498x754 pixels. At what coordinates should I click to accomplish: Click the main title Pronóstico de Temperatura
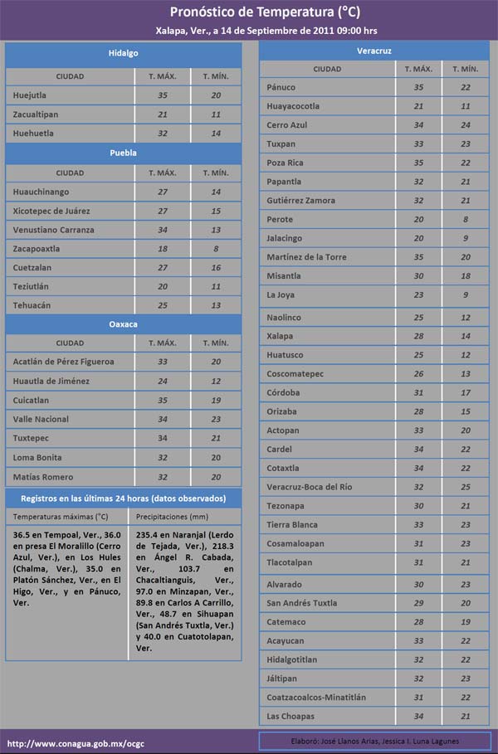tap(253, 12)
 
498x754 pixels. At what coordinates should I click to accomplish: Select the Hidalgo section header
tap(123, 53)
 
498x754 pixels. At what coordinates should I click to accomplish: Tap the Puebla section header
tap(123, 153)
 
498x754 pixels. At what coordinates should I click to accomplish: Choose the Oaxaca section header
tap(123, 323)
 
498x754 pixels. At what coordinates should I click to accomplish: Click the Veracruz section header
tap(373, 51)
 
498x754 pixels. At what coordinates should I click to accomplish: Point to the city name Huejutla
tap(30, 95)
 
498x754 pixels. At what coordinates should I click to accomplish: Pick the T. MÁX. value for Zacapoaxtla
tap(163, 249)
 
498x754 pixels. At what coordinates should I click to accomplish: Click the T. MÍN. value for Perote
tap(465, 220)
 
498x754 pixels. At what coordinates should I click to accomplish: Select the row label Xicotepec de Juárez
tap(51, 211)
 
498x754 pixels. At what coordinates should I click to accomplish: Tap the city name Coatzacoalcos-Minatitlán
tap(316, 698)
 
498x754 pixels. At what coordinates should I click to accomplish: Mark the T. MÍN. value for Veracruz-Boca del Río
tap(465, 487)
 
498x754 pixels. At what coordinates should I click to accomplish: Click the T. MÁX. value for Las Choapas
tap(419, 717)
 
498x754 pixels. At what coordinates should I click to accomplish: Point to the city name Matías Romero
tap(42, 477)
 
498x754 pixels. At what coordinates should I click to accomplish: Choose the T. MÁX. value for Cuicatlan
tap(163, 400)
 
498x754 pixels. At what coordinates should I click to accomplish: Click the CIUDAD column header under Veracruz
tap(327, 69)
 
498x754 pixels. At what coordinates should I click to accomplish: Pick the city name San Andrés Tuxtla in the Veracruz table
tap(302, 603)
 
